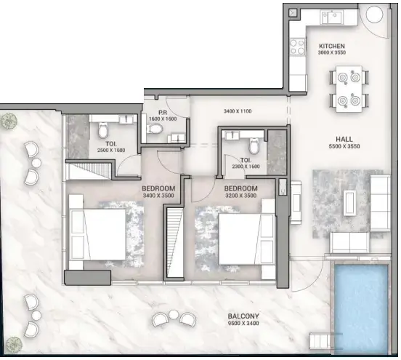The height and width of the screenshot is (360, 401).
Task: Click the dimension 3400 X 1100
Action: pyautogui.click(x=239, y=111)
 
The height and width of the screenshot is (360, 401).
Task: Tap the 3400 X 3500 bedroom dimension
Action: pyautogui.click(x=158, y=196)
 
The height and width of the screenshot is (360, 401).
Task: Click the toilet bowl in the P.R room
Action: pyautogui.click(x=155, y=128)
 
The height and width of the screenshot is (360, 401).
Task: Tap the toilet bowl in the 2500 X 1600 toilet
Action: pyautogui.click(x=102, y=130)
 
